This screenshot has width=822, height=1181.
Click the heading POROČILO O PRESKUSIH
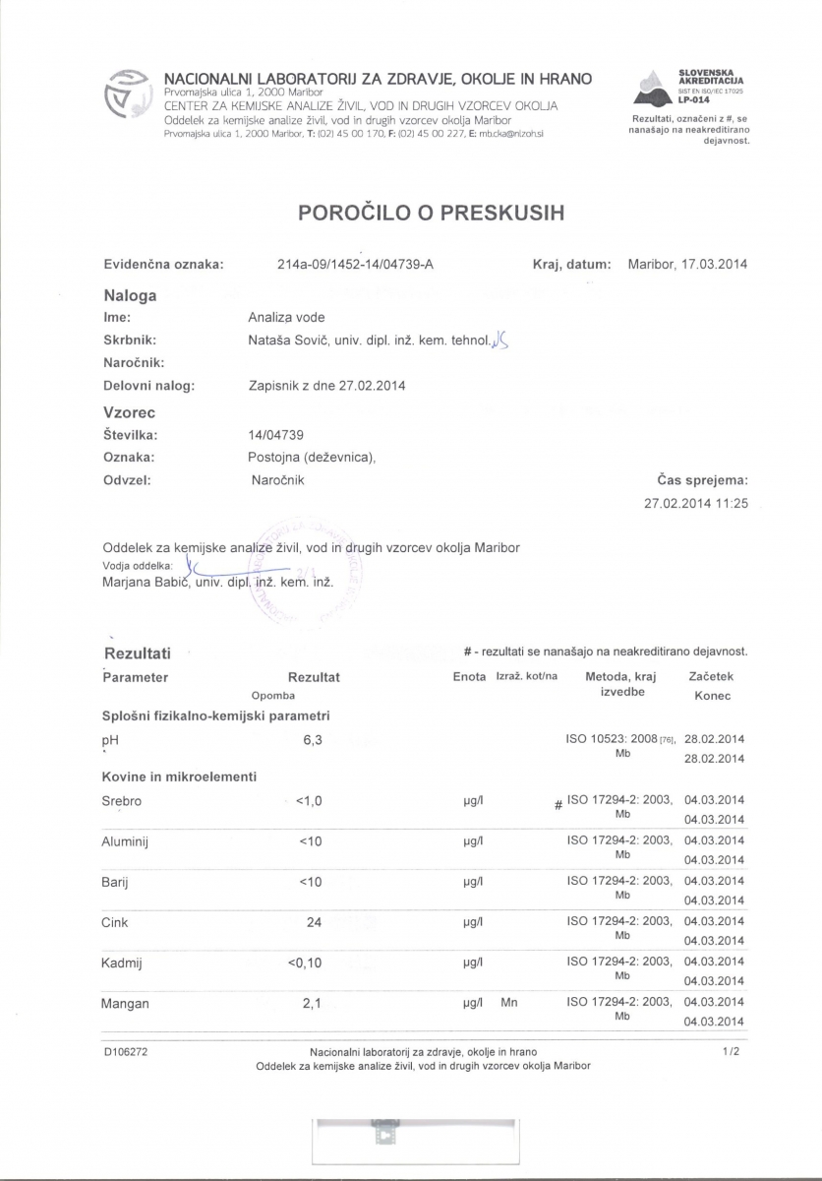pos(431,212)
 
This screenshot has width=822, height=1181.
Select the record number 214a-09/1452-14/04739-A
pos(356,264)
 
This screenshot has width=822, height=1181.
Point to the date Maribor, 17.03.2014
pos(687,264)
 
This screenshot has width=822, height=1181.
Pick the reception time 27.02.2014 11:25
pos(696,503)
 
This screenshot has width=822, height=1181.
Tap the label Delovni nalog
pos(149,385)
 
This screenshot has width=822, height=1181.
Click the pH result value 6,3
pos(313,739)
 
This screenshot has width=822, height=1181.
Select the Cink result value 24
pos(314,922)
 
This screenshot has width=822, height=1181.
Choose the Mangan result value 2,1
pos(313,1004)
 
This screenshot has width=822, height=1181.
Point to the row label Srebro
pos(122,801)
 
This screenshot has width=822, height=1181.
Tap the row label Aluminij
pos(125,841)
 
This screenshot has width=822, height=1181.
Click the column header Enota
pos(469,676)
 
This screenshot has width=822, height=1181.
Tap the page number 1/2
pos(730,1052)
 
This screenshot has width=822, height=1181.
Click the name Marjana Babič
pos(147,582)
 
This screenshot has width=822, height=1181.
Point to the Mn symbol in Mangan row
pos(508,1003)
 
